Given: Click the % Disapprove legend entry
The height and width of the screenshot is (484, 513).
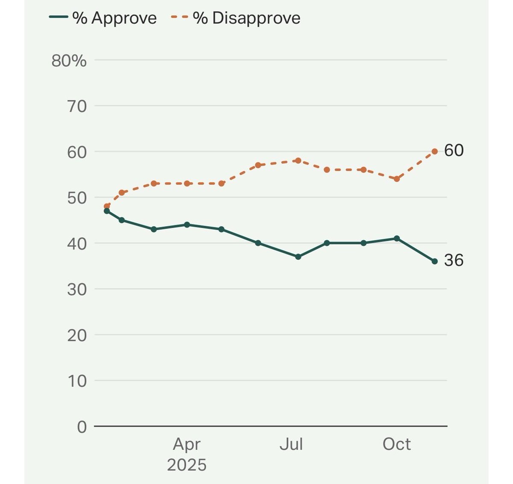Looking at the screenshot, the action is pos(236,18).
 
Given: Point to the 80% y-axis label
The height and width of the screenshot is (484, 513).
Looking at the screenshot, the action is pos(69,61).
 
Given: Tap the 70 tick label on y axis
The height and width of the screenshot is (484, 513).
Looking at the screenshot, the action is pos(77,106).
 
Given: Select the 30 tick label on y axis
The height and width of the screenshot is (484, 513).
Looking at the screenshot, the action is pos(77,289).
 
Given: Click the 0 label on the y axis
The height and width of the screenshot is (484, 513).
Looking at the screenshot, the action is pos(82,427).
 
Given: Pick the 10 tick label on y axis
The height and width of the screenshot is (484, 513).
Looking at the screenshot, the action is pos(77,381).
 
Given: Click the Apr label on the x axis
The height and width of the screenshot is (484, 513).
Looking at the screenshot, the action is pos(186,445).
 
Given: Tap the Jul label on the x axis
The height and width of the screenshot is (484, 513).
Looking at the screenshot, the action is pos(291,444).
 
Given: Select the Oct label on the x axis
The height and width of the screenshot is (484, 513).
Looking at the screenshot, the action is pos(397,444).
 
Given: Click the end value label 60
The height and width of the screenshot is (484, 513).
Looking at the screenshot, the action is pos(454,151).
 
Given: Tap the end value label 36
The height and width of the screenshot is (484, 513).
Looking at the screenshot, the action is pos(454,260).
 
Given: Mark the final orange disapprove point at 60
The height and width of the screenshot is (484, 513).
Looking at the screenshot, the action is pos(434,151).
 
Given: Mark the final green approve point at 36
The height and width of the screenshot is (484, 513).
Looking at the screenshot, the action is pos(434,261).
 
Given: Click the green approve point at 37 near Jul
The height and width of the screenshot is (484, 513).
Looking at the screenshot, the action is pos(298,257).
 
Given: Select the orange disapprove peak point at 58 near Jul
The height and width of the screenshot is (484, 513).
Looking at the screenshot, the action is pos(298,160).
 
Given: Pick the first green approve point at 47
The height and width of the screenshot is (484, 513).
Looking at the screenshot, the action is pos(107,211).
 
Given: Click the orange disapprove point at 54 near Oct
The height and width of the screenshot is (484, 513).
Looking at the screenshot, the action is pos(397,179).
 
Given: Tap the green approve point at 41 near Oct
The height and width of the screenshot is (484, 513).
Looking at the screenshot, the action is pos(397,238).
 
